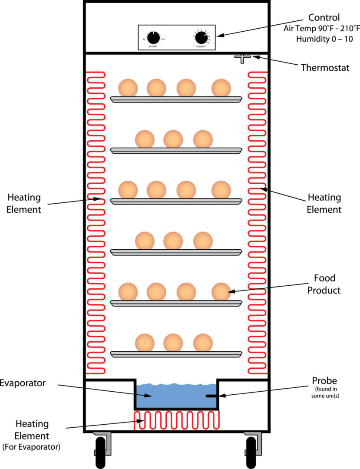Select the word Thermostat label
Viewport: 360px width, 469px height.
tap(325, 68)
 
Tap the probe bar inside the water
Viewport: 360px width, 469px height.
tap(212, 396)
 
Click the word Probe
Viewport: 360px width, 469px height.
tap(324, 381)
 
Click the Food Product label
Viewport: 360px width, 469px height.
tap(324, 284)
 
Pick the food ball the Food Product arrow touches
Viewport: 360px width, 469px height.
tap(221, 291)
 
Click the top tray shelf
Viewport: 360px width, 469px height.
tap(176, 99)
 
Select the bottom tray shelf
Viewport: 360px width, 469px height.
tap(176, 354)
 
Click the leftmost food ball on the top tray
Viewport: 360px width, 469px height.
tap(128, 88)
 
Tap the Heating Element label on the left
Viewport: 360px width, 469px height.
tap(24, 203)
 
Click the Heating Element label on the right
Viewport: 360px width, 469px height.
tap(324, 203)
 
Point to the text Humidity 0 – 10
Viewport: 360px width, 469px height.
tap(324, 39)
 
